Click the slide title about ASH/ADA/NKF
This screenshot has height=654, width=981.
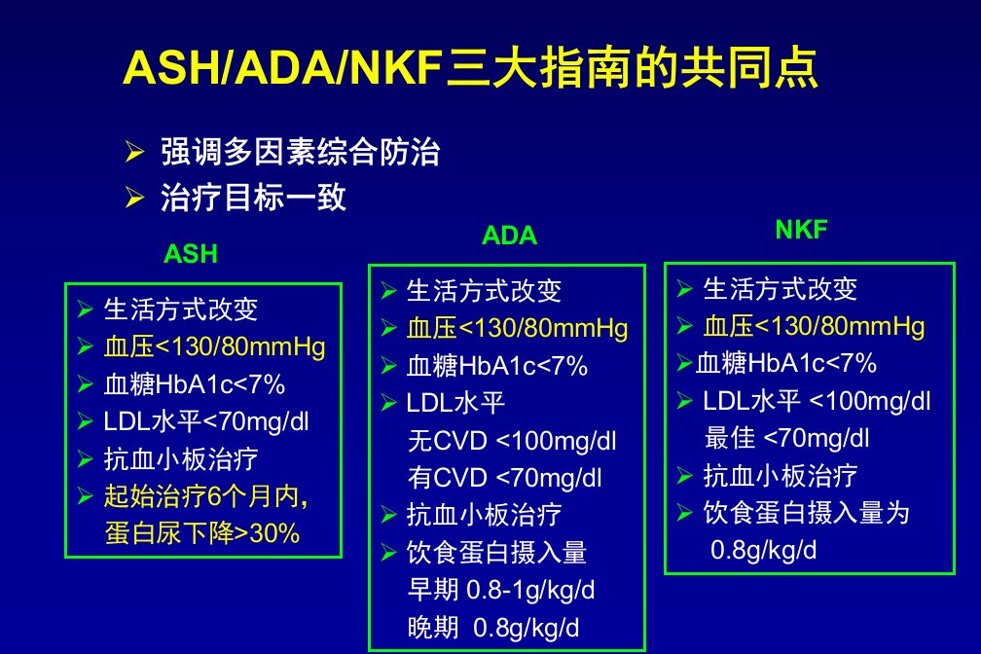tap(470, 67)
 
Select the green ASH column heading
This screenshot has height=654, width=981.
tap(190, 254)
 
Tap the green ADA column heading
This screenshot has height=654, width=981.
tap(509, 236)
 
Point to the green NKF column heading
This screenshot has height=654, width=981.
tap(802, 230)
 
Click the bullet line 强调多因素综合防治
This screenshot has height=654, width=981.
tap(301, 152)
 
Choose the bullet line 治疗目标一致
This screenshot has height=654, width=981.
tap(253, 198)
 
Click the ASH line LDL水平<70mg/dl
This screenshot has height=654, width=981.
tap(206, 421)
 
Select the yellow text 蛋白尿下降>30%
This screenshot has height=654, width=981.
tap(202, 533)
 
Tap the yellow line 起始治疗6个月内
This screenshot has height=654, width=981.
tap(206, 496)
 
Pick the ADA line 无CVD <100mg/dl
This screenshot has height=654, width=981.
tap(512, 441)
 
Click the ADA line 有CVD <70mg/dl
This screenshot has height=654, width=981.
tap(505, 478)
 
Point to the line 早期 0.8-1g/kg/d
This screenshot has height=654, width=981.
tap(501, 590)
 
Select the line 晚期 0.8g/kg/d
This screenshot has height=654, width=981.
tap(493, 627)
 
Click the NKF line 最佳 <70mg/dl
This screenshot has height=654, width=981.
tap(787, 438)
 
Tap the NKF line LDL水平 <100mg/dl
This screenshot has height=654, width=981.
tap(817, 401)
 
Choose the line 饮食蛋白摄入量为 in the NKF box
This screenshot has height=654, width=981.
tap(807, 513)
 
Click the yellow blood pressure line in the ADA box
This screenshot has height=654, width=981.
tap(517, 329)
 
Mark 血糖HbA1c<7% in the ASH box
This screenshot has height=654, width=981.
tap(195, 384)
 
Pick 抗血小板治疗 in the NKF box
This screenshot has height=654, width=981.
tap(781, 476)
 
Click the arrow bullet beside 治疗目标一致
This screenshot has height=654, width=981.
tap(134, 198)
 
